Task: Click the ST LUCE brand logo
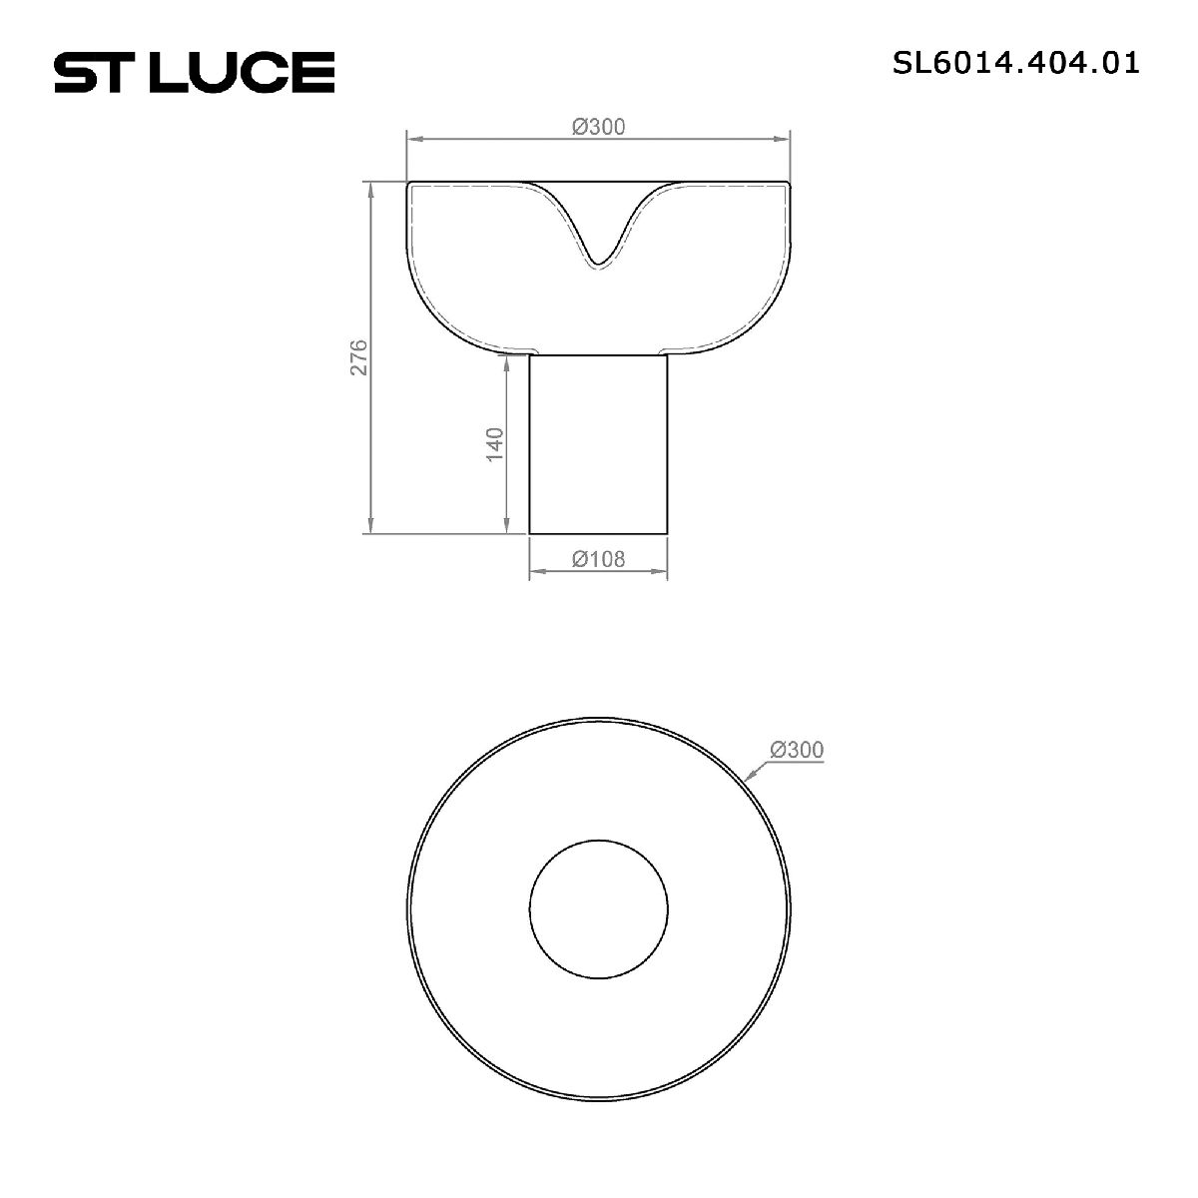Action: pos(194,73)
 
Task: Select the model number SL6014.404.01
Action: pos(1015,64)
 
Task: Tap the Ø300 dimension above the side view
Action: pos(598,127)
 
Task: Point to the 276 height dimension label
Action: pos(359,357)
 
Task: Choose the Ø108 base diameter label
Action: pos(598,560)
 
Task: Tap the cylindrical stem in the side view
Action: pos(598,444)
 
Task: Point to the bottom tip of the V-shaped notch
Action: pos(598,266)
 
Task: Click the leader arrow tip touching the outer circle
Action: pos(746,778)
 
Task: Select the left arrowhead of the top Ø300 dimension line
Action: pos(409,139)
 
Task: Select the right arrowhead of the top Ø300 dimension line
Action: pos(787,139)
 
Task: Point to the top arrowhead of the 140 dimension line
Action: pos(508,357)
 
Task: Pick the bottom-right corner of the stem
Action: pos(667,534)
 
